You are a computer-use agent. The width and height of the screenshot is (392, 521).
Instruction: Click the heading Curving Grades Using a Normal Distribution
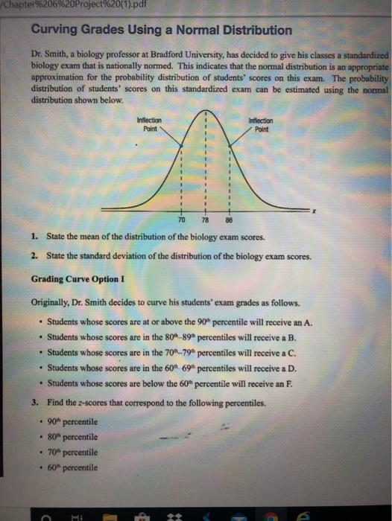pos(162,31)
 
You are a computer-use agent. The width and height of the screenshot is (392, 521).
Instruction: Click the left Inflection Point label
pos(150,124)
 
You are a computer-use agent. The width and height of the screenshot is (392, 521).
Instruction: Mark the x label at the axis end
pos(315,211)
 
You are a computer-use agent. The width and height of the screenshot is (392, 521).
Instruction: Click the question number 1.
pos(35,237)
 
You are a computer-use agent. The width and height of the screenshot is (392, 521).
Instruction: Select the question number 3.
pos(35,403)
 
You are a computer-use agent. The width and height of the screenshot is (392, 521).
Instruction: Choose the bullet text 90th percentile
pos(72,422)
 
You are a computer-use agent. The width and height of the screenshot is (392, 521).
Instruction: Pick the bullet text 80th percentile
pos(72,437)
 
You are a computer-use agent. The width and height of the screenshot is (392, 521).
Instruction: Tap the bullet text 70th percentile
pos(72,453)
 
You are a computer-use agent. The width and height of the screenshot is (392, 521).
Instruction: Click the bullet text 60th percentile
pos(72,467)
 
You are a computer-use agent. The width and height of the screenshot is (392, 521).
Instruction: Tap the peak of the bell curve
pos(205,111)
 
